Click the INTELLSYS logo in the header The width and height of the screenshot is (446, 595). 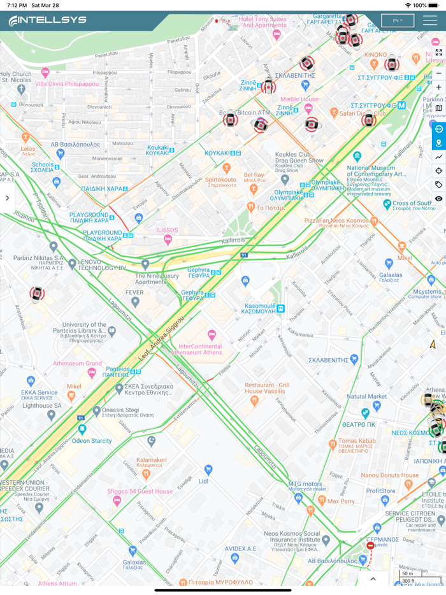48,21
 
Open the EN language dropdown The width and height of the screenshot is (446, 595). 398,20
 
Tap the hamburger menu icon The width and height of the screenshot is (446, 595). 429,20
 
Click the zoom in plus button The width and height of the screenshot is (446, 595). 438,87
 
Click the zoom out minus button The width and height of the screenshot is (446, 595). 438,73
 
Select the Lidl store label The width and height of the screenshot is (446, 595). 204,481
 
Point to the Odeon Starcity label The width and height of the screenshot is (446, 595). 92,441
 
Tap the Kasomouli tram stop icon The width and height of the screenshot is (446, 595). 281,309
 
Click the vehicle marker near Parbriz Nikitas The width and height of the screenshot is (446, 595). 37,294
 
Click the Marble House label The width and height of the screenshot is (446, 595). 299,99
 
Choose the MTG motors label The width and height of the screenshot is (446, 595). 305,484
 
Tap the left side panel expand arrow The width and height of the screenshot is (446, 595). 7,198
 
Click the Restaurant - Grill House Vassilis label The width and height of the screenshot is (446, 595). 267,389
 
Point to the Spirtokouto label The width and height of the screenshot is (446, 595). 220,181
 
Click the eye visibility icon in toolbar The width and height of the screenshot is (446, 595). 438,199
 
